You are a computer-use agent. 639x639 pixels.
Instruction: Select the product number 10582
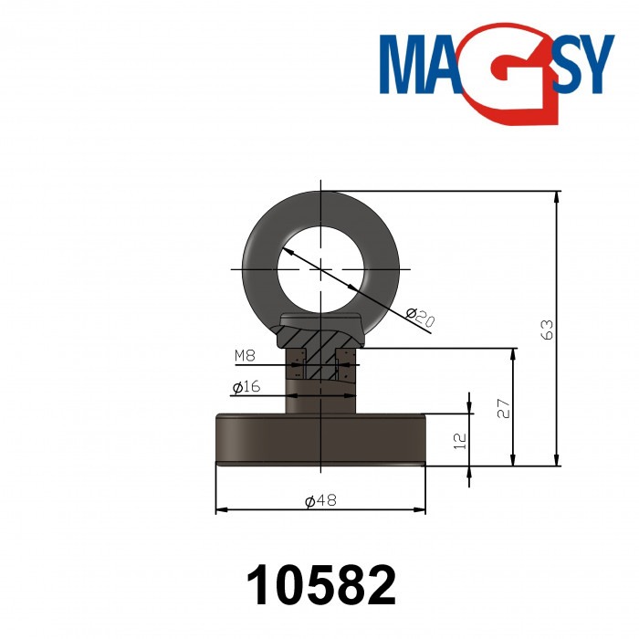click(x=322, y=585)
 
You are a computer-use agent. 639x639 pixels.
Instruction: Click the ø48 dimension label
click(x=321, y=499)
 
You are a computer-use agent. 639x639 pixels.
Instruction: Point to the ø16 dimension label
click(x=246, y=387)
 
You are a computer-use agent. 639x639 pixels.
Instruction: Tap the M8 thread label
click(x=245, y=355)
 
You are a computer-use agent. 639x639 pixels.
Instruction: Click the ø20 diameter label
click(x=419, y=319)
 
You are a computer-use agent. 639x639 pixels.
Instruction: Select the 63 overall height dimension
click(x=547, y=329)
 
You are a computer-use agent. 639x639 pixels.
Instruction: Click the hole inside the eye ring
click(x=321, y=268)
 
